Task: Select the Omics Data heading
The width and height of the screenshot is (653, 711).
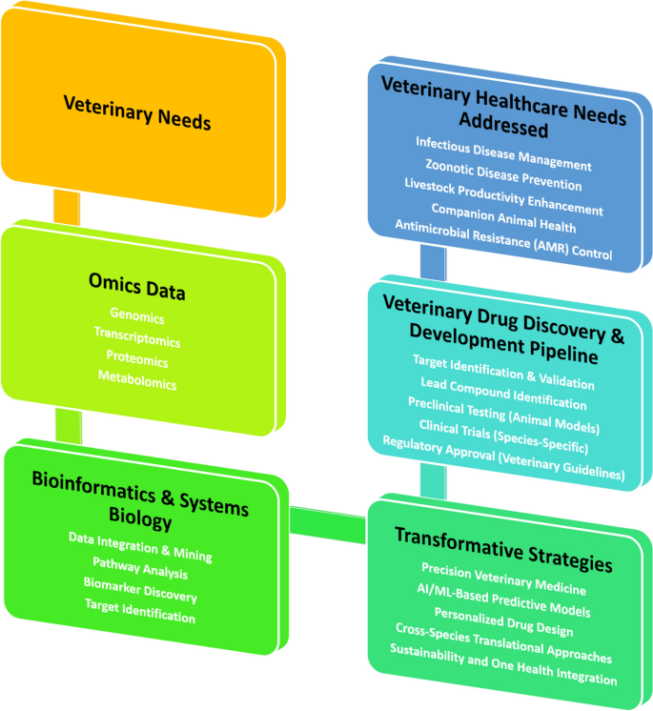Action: click(138, 289)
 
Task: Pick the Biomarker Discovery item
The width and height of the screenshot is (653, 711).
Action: click(140, 596)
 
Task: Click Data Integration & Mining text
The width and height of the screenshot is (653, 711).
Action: click(140, 552)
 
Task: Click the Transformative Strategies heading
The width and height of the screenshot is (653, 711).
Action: click(503, 538)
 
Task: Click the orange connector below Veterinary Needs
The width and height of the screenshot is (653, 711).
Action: click(67, 207)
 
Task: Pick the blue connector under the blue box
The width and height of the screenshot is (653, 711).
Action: click(433, 260)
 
